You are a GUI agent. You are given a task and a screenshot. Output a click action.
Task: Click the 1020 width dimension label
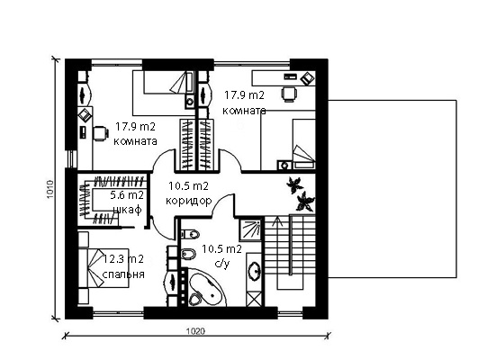[x=195, y=331]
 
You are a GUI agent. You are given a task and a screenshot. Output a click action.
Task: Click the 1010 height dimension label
[x=50, y=189]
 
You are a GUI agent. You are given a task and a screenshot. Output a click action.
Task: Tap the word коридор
[x=189, y=202]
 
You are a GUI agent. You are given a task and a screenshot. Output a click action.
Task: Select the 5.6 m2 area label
[x=127, y=194]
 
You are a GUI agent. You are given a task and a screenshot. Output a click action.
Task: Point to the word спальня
[x=123, y=274]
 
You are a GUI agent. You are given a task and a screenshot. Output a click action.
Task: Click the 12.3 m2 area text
[x=122, y=259]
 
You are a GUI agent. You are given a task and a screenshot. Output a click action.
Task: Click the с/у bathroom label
[x=222, y=264]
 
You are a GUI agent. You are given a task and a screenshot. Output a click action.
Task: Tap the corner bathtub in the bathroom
[x=207, y=288]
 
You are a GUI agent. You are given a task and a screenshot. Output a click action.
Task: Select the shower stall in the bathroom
[x=250, y=229]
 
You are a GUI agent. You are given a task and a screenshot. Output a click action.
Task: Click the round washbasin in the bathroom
[x=255, y=271]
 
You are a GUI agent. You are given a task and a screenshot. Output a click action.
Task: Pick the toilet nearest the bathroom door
[x=190, y=234]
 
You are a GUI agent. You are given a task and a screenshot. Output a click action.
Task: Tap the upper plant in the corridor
[x=294, y=185]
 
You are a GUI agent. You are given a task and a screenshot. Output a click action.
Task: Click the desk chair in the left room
[x=101, y=134]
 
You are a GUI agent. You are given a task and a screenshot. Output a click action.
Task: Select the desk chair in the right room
[x=288, y=94]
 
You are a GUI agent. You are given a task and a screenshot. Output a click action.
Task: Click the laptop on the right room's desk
[x=307, y=78]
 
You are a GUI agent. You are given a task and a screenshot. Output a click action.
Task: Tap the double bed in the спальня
[x=104, y=268]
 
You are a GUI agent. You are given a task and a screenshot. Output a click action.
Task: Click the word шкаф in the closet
[x=128, y=210]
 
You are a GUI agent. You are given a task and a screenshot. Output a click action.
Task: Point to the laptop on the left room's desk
[x=85, y=115]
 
